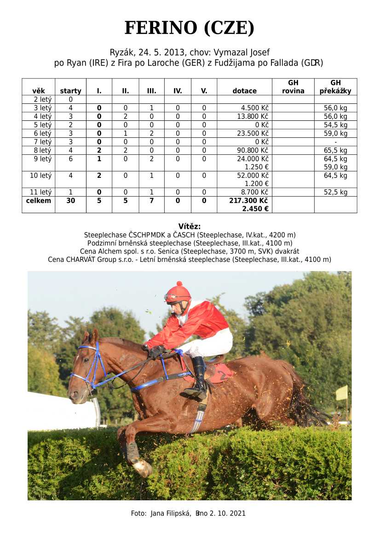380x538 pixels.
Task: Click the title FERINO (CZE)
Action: (190, 28)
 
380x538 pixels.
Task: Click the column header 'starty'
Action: (70, 91)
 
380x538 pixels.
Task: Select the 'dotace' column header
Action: (244, 91)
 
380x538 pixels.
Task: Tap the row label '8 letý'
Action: (39, 150)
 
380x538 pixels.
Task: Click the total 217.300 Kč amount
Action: (248, 201)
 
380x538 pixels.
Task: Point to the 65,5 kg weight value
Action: (335, 150)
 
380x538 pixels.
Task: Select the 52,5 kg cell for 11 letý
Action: (335, 193)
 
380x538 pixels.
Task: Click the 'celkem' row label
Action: (39, 201)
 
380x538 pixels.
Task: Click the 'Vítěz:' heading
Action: (190, 226)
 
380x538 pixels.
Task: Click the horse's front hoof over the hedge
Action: (143, 468)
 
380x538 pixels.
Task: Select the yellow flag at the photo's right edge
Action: (341, 393)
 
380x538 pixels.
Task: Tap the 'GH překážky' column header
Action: (335, 87)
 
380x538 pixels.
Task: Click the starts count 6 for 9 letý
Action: (70, 159)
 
